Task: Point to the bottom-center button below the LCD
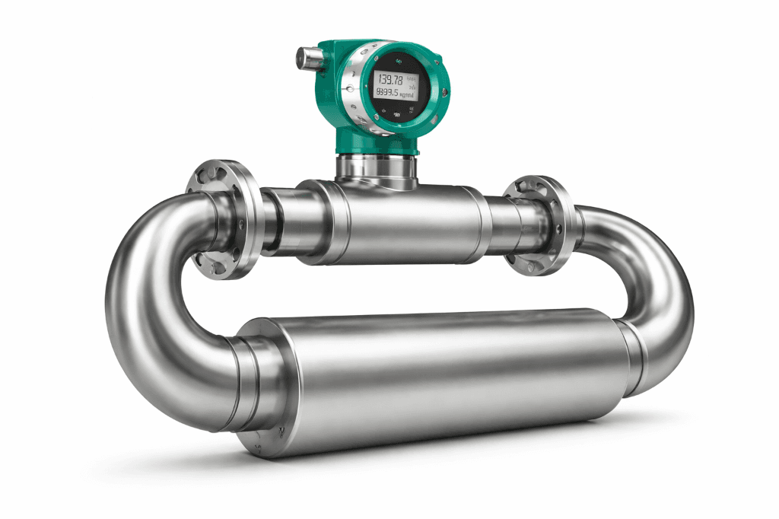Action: point(397,115)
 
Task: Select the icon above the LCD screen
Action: point(398,60)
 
